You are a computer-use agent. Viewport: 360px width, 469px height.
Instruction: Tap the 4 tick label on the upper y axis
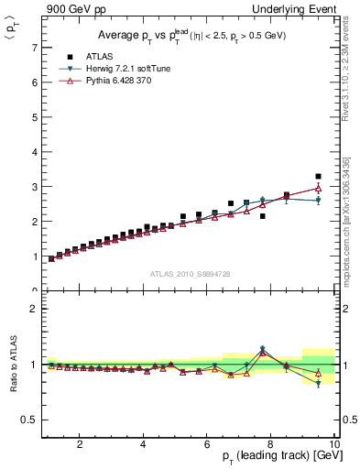[33, 151]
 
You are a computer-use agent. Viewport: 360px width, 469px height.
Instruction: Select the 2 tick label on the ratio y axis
[33, 309]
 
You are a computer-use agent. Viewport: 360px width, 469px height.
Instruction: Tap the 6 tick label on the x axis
[206, 444]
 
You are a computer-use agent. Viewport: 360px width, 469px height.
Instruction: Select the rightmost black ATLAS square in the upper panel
[318, 176]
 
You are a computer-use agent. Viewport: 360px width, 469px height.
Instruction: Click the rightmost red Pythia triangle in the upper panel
[318, 188]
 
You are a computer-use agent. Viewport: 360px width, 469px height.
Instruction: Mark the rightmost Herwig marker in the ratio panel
[318, 384]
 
